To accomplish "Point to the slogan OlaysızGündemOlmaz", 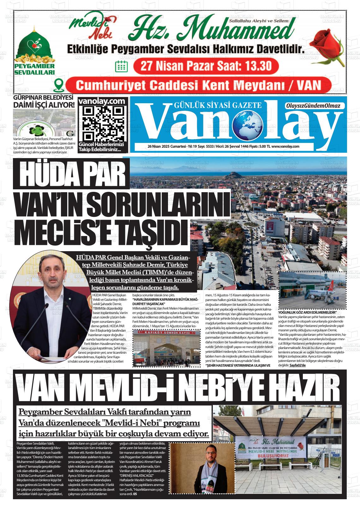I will pos(312,106).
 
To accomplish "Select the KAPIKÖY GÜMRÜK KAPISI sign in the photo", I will pos(161,332).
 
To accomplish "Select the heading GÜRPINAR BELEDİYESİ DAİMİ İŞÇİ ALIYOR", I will pos(44,102).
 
